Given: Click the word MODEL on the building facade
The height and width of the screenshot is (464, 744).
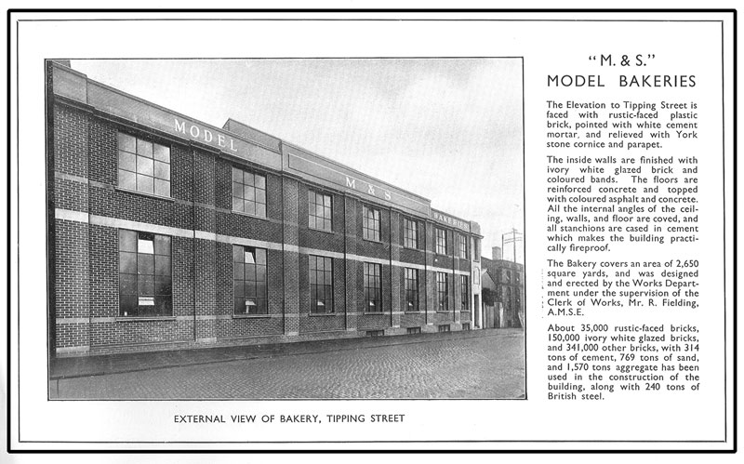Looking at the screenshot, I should [206, 135].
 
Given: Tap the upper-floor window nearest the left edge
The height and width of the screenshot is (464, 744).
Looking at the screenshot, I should [143, 165].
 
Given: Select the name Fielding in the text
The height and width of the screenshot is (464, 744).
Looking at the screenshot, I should [671, 305].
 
